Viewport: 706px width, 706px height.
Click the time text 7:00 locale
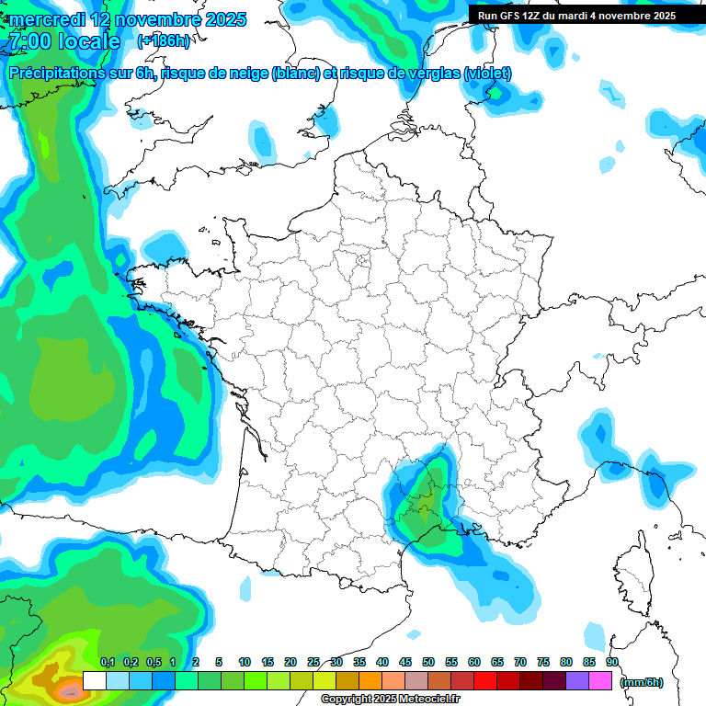63,41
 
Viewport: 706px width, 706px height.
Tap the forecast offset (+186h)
163,41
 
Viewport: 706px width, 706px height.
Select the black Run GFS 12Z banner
576,15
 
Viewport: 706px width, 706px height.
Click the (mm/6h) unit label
642,682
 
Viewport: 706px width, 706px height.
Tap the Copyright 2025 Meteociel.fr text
390,700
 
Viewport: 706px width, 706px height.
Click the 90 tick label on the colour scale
611,662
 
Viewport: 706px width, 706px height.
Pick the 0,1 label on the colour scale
107,662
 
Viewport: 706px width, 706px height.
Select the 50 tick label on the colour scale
428,662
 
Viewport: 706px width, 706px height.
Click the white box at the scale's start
94,680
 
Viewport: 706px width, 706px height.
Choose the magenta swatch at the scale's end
600,680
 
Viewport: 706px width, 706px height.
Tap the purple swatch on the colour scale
577,680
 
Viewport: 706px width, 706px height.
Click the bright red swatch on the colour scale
485,680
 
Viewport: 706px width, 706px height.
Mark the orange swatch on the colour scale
370,680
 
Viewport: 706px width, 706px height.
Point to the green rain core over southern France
426,501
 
